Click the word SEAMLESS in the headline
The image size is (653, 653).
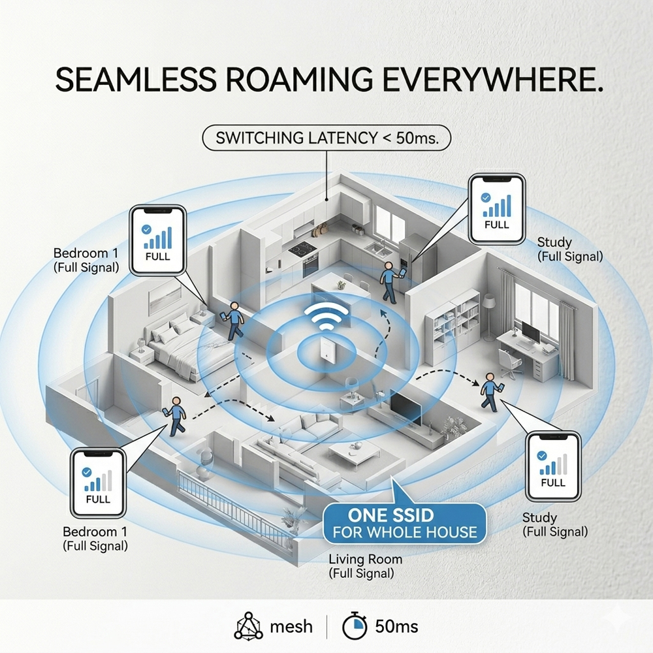(x=136, y=79)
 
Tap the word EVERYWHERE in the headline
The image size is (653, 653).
(x=492, y=79)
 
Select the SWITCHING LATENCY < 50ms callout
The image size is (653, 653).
(x=326, y=138)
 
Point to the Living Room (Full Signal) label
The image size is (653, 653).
(x=365, y=566)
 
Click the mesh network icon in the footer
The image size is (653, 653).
(x=248, y=626)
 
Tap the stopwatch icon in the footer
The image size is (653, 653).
(x=355, y=626)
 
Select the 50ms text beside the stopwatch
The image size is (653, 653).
(x=396, y=626)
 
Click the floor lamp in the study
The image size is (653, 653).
(x=488, y=317)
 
